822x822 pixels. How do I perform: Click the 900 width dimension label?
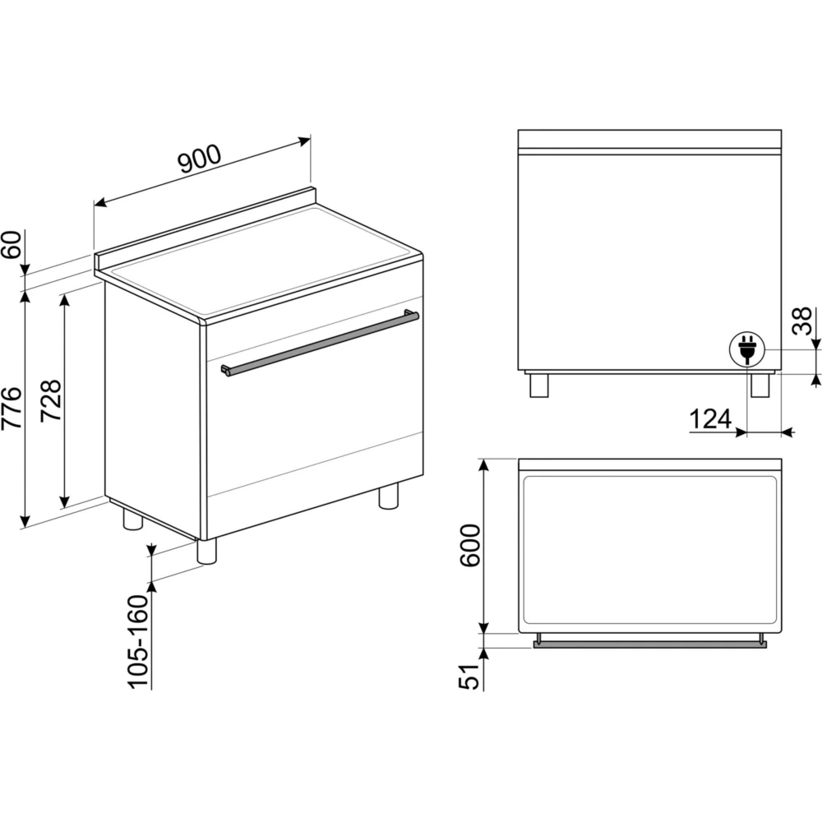pos(200,159)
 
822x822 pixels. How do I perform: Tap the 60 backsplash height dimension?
pos(12,244)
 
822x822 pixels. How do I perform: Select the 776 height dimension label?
pos(12,408)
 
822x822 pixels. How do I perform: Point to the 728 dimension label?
pos(51,400)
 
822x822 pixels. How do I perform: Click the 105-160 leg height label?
pos(139,641)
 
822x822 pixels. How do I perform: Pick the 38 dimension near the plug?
pos(802,321)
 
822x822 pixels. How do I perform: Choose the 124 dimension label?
pos(710,419)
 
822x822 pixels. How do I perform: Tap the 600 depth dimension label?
pos(469,545)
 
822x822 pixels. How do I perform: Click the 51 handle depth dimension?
pos(469,677)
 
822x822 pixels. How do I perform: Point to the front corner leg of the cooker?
pos(206,551)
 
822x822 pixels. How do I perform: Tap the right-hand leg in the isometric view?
pos(389,496)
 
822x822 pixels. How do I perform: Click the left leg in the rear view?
pos(539,386)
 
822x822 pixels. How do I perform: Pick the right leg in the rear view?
pos(760,386)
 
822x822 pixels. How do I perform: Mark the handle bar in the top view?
pos(649,644)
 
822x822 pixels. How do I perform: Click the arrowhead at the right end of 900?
pos(305,141)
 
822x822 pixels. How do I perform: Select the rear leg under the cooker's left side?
pos(132,520)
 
